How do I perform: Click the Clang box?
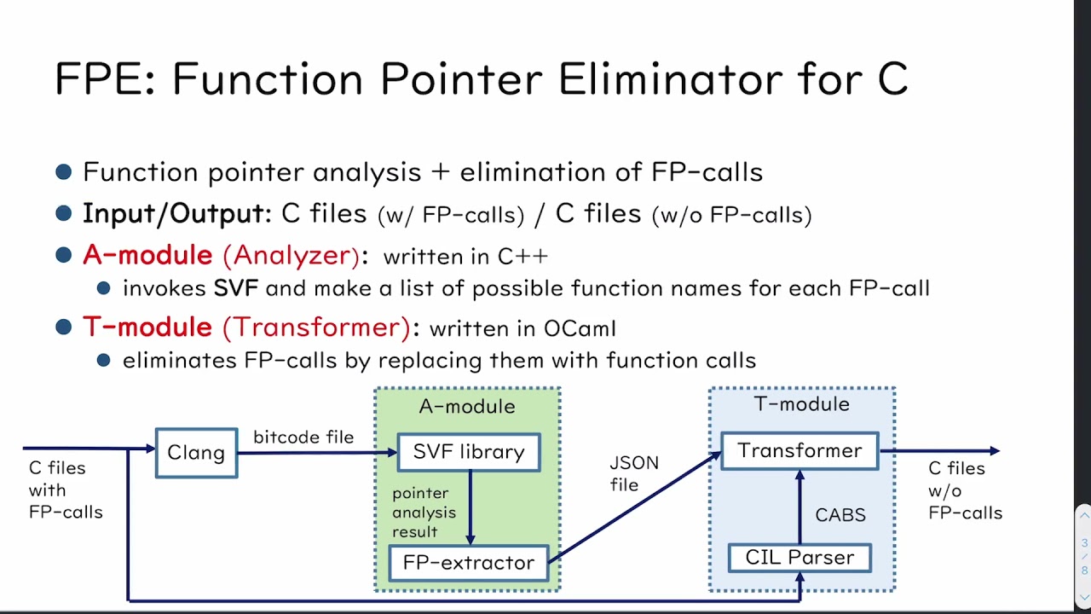[x=196, y=453]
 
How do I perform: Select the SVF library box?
[x=469, y=452]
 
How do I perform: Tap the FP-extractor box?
[x=469, y=563]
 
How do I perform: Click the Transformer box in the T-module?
[x=799, y=450]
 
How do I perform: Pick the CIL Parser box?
[x=799, y=558]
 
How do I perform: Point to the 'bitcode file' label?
[x=303, y=437]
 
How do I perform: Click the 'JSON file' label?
[x=634, y=473]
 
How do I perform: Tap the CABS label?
[x=840, y=515]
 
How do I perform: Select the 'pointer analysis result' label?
[x=424, y=513]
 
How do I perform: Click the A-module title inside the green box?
[x=467, y=407]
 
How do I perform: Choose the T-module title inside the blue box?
[x=801, y=404]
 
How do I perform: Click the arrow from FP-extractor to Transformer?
[x=635, y=508]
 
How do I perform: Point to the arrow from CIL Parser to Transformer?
[x=799, y=507]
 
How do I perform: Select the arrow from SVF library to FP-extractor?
[x=470, y=508]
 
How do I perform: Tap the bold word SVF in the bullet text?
[x=236, y=288]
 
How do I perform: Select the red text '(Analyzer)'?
[x=292, y=255]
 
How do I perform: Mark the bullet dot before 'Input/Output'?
[x=64, y=212]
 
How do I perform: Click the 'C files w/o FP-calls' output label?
[x=965, y=490]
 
